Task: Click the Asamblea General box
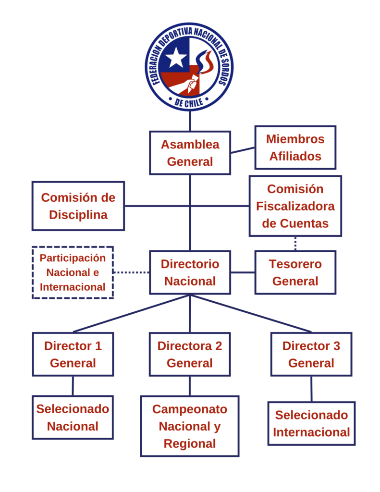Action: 190,153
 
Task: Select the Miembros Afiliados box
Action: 295,148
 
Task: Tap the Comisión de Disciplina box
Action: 78,206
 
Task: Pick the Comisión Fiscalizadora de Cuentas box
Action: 295,206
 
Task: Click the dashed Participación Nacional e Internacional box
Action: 73,272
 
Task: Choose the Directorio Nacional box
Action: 190,272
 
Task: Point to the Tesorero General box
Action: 295,272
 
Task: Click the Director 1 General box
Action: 73,354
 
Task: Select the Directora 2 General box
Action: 190,354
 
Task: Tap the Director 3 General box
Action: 311,354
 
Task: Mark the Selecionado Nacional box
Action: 73,417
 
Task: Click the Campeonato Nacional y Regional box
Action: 190,426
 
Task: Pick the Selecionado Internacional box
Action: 311,423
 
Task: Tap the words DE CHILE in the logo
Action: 189,101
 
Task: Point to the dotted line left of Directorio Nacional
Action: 131,272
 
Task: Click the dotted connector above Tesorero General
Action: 295,244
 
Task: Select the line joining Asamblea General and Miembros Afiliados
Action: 243,150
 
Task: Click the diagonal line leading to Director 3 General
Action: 252,314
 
